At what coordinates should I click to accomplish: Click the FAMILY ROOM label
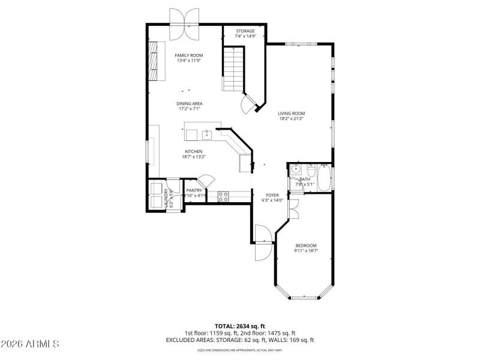point(188,55)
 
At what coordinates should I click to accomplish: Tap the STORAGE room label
point(244,31)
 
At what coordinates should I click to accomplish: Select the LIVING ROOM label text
point(292,113)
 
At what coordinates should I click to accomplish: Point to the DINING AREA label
point(189,103)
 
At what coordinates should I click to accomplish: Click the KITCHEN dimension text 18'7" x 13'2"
point(193,157)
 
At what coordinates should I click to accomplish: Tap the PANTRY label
point(194,190)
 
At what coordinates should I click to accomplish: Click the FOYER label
point(272,195)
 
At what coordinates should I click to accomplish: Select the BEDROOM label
point(305,245)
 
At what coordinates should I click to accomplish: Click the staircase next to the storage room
point(234,69)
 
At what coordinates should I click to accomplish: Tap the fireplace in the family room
point(157,61)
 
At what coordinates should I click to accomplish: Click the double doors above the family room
point(184,16)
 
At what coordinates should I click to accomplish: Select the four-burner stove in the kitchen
point(223,195)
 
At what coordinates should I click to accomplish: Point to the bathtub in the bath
point(323,178)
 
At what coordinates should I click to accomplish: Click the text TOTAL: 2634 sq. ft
point(239,326)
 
